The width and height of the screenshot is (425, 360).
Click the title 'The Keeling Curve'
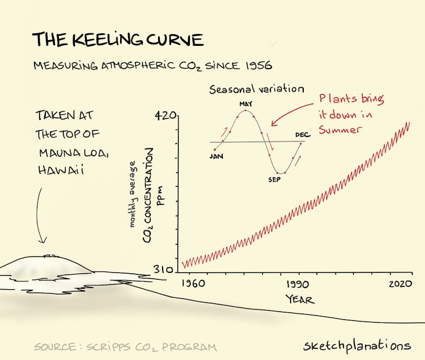[117, 40]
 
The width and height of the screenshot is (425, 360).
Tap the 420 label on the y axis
[165, 116]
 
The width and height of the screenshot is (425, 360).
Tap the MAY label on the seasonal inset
[245, 104]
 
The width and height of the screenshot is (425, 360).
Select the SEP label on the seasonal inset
[275, 179]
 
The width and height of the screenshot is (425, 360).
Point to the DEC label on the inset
[303, 135]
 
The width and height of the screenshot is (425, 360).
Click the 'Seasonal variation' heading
[257, 89]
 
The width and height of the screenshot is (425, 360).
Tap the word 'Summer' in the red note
[340, 129]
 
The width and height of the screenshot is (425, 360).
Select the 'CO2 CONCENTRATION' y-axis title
[148, 195]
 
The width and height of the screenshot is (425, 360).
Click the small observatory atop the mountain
[49, 255]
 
